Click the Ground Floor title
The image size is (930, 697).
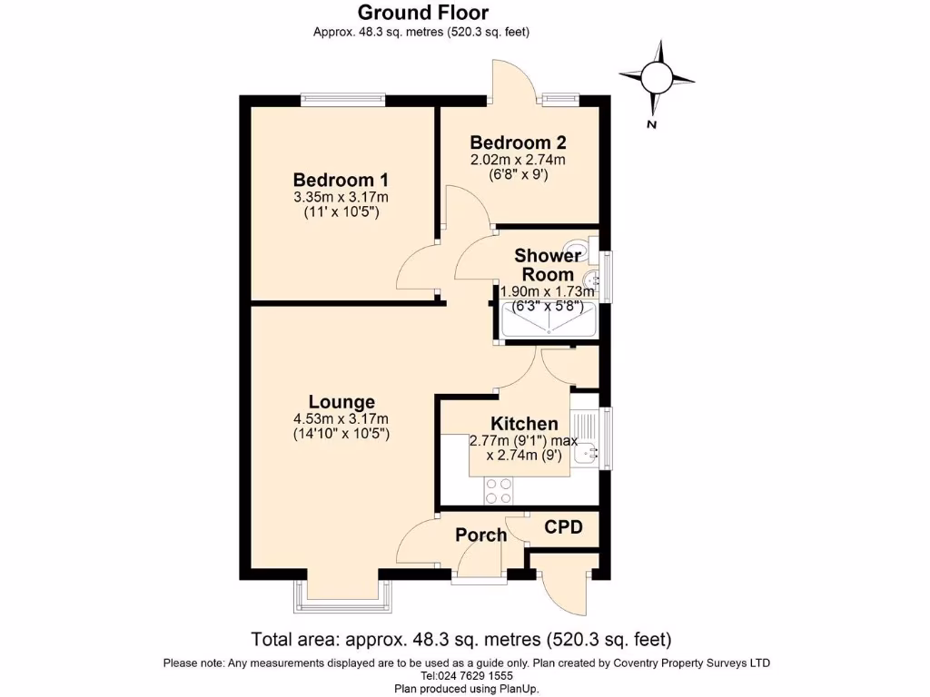point(423,12)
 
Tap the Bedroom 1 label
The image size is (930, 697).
point(341,180)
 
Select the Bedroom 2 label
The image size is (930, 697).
point(518,142)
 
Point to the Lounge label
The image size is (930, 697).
point(341,402)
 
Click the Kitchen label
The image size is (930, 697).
point(524,424)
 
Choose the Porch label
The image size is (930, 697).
point(481,535)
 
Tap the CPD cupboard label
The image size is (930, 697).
point(563,527)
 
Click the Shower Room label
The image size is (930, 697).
point(548,265)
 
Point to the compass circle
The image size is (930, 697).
point(658,78)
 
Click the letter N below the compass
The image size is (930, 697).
point(652,124)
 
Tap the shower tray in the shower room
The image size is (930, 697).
point(549,320)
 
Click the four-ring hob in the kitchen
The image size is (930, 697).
point(499,491)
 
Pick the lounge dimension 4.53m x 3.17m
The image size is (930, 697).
point(341,419)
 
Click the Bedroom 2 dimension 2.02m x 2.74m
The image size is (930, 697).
point(518,160)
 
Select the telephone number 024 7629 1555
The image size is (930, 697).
point(466,675)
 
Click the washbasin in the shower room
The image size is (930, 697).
point(590,280)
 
